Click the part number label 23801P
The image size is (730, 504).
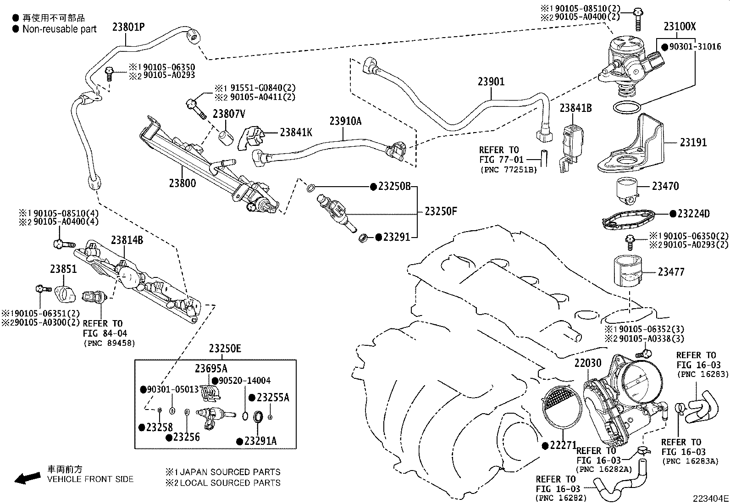pos(128,27)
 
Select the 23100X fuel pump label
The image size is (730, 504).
pos(680,26)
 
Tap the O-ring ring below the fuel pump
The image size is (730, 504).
pos(627,109)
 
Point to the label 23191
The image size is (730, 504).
pos(693,143)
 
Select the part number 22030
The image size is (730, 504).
pos(587,364)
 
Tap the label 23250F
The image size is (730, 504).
pos(441,211)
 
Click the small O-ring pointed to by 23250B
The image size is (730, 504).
pos(310,187)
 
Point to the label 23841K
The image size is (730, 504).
pos(296,133)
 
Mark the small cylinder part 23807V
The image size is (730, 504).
pos(226,138)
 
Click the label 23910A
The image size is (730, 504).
pos(345,121)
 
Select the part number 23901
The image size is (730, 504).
pos(491,82)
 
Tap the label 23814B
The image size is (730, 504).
pos(127,240)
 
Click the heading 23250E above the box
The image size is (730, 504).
pos(225,349)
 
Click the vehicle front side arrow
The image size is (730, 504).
pos(27,478)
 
